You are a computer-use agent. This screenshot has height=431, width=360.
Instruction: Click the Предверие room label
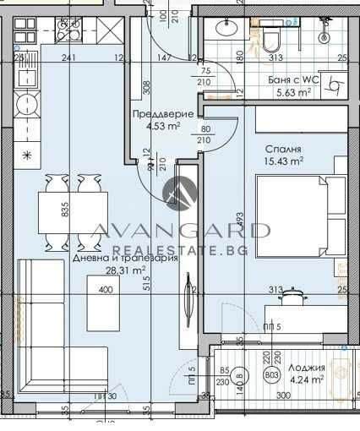click(x=163, y=115)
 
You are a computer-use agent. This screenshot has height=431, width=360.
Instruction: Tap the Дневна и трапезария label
click(x=124, y=259)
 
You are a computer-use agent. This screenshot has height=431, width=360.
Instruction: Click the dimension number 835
click(x=66, y=210)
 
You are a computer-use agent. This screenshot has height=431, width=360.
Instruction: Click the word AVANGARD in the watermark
click(x=179, y=230)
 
